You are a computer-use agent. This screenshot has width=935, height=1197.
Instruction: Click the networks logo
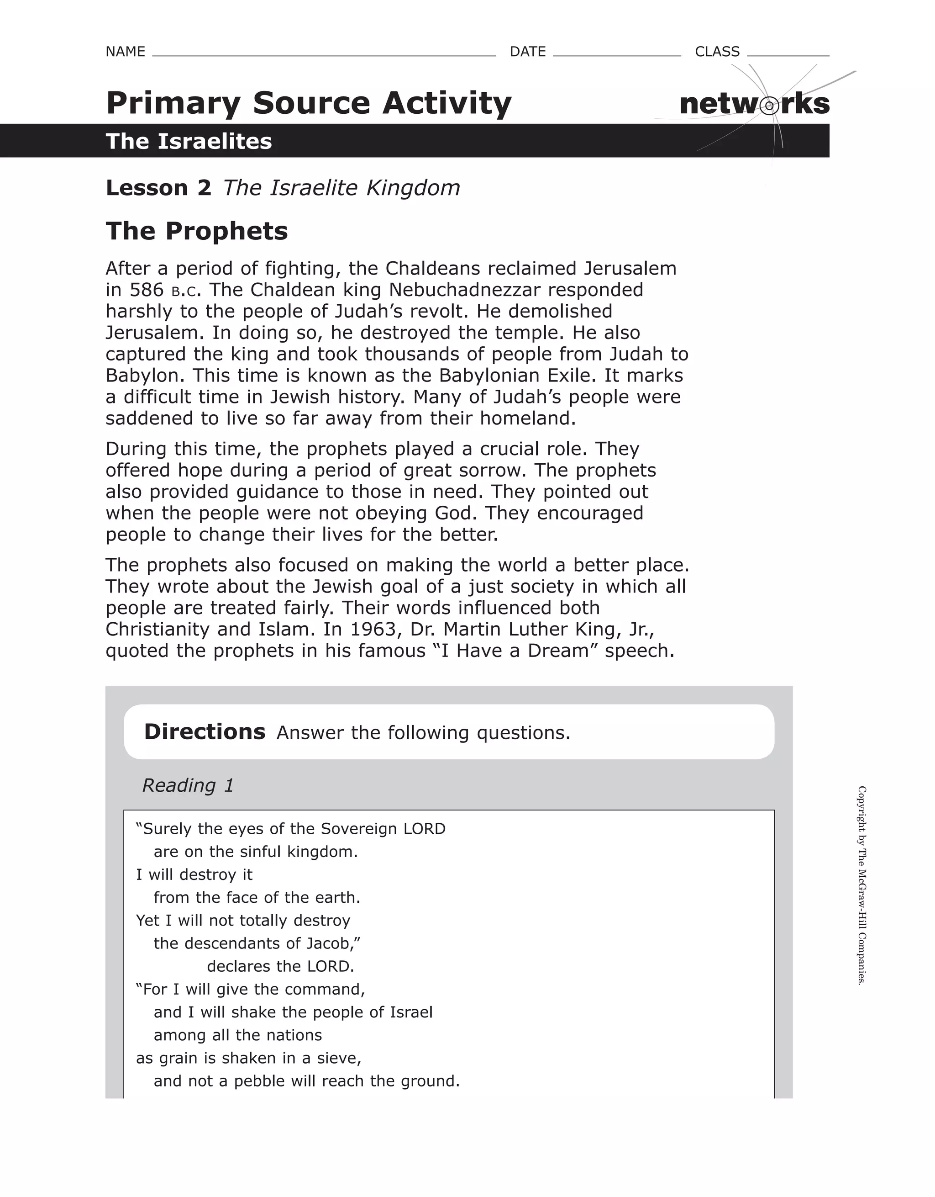[754, 104]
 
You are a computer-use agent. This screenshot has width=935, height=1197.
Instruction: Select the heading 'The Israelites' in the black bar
[189, 142]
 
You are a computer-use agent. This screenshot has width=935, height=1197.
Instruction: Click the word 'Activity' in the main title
[446, 103]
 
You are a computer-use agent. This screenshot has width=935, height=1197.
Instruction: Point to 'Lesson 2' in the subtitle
[158, 188]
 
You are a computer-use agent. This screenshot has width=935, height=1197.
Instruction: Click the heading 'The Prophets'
[197, 231]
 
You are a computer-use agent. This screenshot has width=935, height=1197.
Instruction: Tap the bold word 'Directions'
[205, 732]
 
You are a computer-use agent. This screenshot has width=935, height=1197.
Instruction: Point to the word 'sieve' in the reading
[337, 1058]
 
